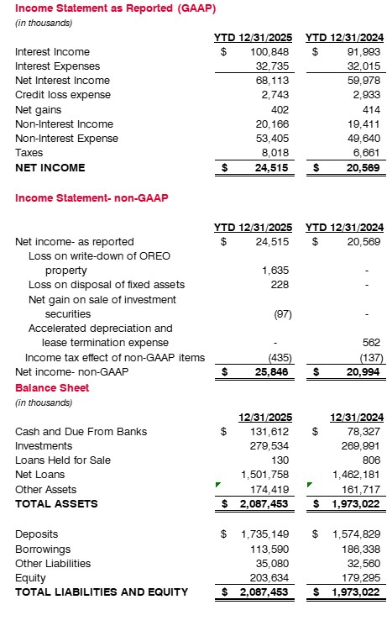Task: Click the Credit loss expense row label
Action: (55, 95)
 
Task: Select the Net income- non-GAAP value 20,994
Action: (359, 372)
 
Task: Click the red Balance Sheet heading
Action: (52, 388)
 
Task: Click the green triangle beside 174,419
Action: (218, 485)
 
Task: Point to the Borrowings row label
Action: (42, 549)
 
